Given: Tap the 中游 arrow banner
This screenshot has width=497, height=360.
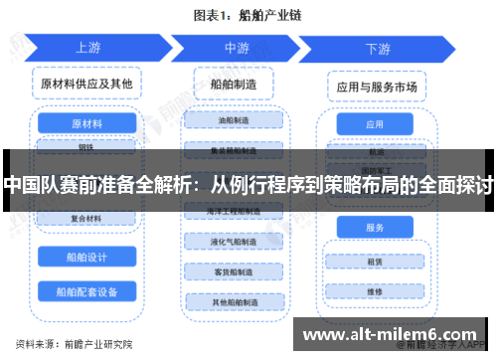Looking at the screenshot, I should (236, 47).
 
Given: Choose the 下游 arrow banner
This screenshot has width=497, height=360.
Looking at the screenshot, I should (377, 48).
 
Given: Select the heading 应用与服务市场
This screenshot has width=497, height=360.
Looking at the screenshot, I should (376, 87).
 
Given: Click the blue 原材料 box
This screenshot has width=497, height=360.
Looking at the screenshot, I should (86, 123).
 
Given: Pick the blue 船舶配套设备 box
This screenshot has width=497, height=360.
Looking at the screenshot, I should (86, 291).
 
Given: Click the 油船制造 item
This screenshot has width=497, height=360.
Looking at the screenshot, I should (236, 119).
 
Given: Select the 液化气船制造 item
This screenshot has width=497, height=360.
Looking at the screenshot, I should (236, 242).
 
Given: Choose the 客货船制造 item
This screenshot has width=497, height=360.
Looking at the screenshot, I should (236, 271).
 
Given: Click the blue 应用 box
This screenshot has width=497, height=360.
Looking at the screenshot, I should (375, 125).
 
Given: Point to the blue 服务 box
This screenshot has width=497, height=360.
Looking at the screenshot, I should (375, 228).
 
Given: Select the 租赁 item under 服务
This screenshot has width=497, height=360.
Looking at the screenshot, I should (375, 263).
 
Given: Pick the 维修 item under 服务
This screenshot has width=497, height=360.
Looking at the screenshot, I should (375, 291).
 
